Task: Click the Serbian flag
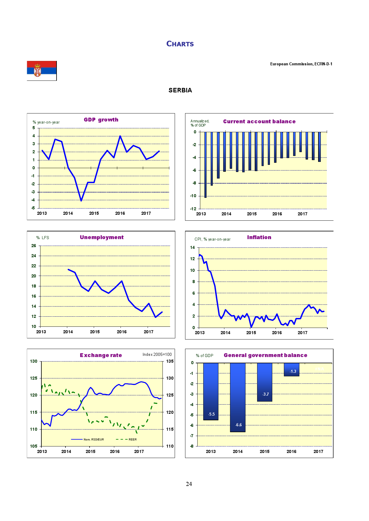42,70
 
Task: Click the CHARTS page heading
180,44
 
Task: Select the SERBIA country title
180,90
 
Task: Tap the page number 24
189,484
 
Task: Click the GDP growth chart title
101,120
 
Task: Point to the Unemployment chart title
101,237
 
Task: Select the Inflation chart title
259,237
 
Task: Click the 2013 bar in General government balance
211,391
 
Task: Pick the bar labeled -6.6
238,397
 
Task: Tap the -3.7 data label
265,394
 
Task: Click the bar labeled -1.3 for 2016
292,370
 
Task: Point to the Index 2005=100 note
157,354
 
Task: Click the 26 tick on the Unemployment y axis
34,246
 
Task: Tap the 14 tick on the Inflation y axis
192,247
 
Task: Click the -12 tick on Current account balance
193,209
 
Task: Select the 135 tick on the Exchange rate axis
170,361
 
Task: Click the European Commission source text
301,64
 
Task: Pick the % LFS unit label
43,238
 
